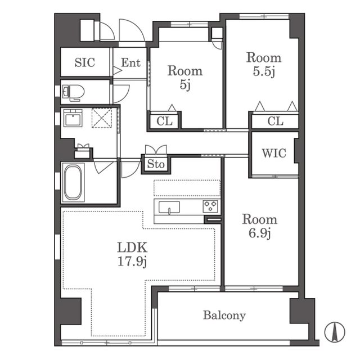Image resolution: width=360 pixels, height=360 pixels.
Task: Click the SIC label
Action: pyautogui.click(x=85, y=62)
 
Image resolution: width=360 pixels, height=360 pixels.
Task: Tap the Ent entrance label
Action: pyautogui.click(x=130, y=62)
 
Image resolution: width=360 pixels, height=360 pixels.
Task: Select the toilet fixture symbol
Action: pyautogui.click(x=73, y=93)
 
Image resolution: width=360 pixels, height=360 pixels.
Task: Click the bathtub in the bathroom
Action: pyautogui.click(x=73, y=182)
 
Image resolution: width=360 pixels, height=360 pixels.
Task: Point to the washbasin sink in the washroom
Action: pyautogui.click(x=73, y=118)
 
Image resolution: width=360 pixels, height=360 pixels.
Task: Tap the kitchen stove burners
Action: pyautogui.click(x=210, y=206)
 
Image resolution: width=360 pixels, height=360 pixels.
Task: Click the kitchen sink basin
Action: pyautogui.click(x=169, y=208)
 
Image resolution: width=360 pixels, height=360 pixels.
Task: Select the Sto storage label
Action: pyautogui.click(x=156, y=164)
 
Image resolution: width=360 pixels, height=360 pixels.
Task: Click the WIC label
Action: pyautogui.click(x=274, y=153)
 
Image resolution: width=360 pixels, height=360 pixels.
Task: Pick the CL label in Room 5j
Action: pyautogui.click(x=164, y=121)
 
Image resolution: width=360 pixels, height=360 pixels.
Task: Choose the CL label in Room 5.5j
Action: pyautogui.click(x=275, y=121)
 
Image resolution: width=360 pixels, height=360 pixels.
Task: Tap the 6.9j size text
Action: pyautogui.click(x=260, y=233)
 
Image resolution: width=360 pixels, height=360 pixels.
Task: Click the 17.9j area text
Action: pyautogui.click(x=132, y=261)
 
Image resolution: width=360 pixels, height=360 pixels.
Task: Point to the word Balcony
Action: pyautogui.click(x=224, y=316)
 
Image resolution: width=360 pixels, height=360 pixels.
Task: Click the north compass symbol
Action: pyautogui.click(x=335, y=332)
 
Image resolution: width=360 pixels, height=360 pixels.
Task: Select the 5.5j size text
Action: pyautogui.click(x=264, y=71)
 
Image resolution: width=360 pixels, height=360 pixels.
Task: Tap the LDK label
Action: pyautogui.click(x=132, y=247)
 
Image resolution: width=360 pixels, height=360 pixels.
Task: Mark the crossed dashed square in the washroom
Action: pyautogui.click(x=102, y=118)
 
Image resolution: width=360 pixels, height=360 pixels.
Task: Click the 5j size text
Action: pyautogui.click(x=185, y=85)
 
